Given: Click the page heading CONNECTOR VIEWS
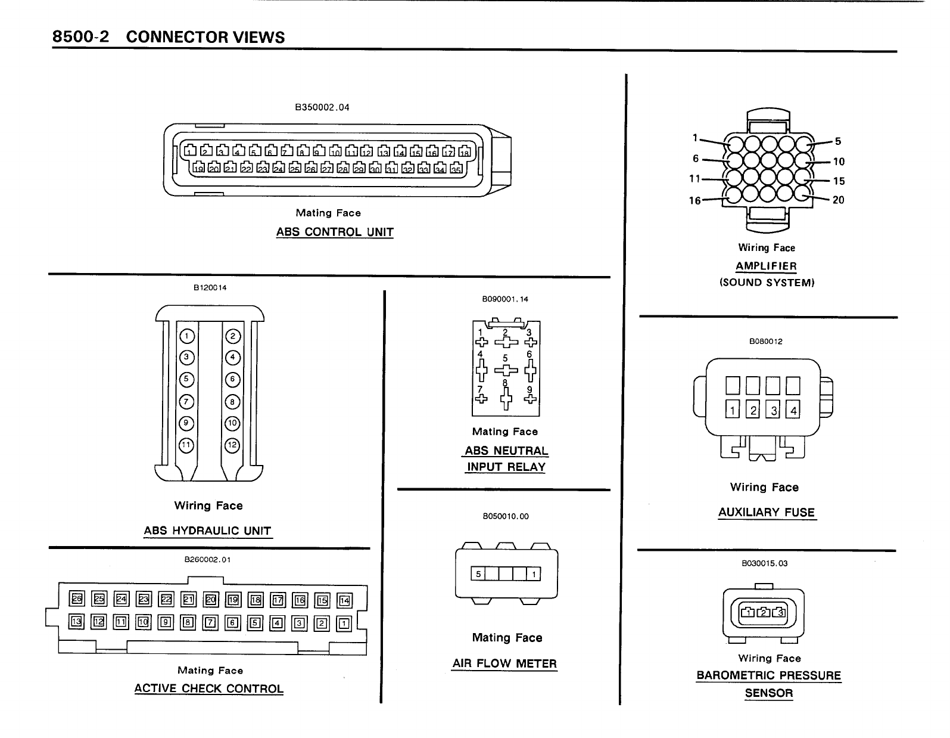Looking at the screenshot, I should point(205,37).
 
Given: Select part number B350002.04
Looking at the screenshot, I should point(322,108).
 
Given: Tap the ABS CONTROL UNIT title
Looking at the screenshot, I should point(335,232).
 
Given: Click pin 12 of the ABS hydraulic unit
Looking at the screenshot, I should point(232,445).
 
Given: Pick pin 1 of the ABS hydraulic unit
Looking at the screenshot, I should point(186,336).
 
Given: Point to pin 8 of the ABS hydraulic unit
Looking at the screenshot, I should point(232,402).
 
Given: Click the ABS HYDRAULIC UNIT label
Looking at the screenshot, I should point(207,531).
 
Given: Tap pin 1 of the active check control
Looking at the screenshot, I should point(344,624).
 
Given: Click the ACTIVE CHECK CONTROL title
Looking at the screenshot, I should point(208,689).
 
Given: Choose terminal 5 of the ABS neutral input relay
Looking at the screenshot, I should point(506,370).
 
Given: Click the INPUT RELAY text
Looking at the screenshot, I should point(506,467).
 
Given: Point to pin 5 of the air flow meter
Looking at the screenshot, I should point(478,574).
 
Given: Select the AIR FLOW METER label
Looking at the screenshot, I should point(504,663).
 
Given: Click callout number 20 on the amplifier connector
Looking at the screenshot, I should point(838,200).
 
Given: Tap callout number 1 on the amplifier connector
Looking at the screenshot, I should point(694,138).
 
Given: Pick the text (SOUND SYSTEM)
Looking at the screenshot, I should point(767,283).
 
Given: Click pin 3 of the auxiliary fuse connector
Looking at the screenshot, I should point(774,410).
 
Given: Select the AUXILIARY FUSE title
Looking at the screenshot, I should point(766,512).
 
